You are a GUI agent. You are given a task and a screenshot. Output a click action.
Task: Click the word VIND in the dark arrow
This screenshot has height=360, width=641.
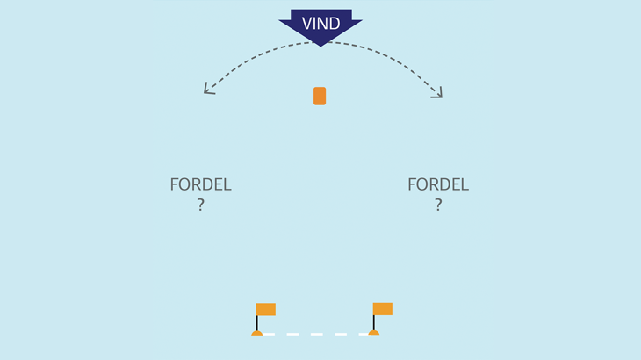tap(320, 24)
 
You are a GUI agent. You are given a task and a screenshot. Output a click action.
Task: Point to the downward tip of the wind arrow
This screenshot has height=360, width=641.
tap(320, 44)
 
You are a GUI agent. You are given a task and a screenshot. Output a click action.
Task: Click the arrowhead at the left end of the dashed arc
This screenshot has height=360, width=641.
tap(207, 89)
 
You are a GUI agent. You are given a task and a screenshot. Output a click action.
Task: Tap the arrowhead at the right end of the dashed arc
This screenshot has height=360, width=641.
tap(438, 93)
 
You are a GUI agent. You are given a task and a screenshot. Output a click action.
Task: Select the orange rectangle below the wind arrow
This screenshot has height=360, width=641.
tap(320, 96)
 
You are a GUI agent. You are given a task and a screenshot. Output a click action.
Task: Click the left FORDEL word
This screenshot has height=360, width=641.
tap(200, 185)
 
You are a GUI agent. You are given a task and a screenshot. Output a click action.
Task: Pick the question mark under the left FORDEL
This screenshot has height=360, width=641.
tap(200, 205)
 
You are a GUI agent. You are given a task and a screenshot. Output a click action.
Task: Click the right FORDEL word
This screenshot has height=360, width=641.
tap(438, 185)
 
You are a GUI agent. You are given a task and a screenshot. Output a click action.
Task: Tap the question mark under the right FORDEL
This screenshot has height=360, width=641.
tap(438, 205)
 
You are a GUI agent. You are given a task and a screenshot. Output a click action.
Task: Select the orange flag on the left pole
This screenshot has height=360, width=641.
tap(266, 309)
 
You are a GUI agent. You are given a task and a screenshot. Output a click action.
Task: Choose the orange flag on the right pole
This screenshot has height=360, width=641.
tap(383, 309)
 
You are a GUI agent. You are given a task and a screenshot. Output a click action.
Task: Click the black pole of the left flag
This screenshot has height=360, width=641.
tap(256, 322)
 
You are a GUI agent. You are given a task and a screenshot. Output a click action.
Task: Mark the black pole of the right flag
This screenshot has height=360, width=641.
tap(373, 322)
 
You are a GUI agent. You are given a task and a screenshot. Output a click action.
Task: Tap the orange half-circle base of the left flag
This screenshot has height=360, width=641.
tap(256, 333)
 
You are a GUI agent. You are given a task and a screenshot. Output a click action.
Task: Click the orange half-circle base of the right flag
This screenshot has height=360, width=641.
tap(373, 333)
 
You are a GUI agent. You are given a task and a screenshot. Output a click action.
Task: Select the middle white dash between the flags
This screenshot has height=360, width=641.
tap(316, 335)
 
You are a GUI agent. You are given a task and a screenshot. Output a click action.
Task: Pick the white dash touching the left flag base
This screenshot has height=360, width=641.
tap(269, 335)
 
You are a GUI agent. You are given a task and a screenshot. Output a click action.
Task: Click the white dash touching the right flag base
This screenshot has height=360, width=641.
tap(363, 335)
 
